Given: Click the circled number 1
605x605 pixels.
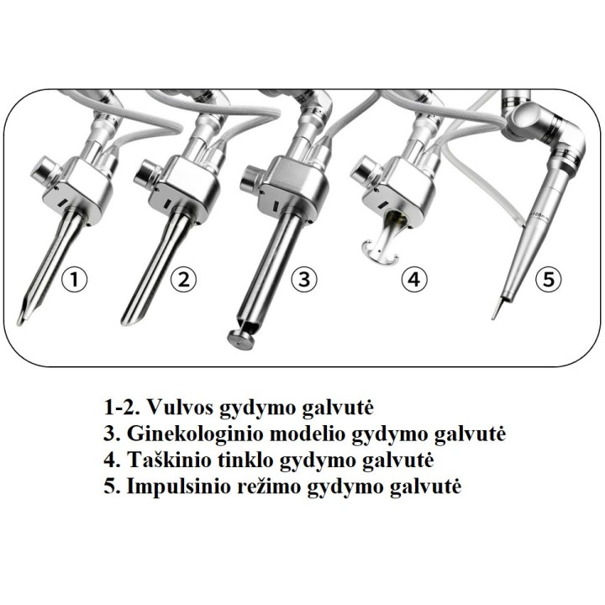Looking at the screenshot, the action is pos(75,279).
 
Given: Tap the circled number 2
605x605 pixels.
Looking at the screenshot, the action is pos(184,279).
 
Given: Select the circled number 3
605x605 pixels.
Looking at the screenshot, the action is pos(304,279).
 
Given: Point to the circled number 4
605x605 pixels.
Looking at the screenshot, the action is pos(414,279).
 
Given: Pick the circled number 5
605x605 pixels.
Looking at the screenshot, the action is pos(548,279).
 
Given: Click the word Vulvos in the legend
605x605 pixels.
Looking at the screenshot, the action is pos(181,407).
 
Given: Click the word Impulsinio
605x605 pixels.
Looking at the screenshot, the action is pos(178,487).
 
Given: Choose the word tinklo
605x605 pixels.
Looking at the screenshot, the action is pos(245,460).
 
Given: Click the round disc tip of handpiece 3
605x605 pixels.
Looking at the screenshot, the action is pos(241,339).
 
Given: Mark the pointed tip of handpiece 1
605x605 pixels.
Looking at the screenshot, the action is pos(19,321).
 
